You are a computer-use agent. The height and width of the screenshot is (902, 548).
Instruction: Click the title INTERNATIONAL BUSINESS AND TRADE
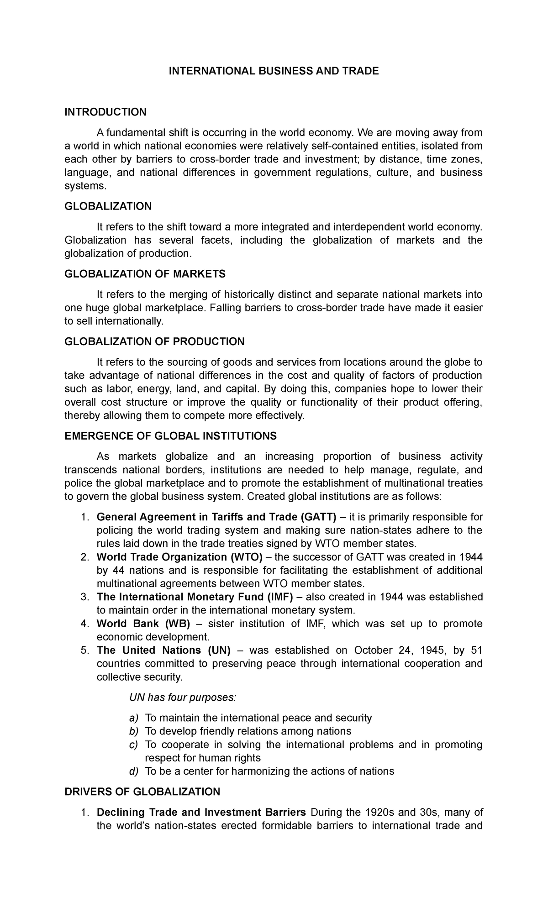point(274,71)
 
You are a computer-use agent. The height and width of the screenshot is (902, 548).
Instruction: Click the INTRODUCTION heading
point(105,112)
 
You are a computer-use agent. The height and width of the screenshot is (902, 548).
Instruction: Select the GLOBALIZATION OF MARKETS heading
point(145,274)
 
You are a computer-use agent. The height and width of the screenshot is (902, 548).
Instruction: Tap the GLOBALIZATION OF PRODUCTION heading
point(154,341)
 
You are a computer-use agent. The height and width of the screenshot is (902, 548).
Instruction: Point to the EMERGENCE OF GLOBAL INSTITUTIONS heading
point(171,436)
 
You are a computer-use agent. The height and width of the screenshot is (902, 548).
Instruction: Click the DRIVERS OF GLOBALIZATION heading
point(142,792)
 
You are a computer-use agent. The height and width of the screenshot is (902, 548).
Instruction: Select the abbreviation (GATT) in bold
point(318,517)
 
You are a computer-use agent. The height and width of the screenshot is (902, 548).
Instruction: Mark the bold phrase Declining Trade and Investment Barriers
point(201,812)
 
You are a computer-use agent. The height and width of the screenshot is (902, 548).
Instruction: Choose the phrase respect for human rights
point(202,758)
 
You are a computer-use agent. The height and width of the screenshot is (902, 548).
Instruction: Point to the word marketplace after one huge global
point(176,308)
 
